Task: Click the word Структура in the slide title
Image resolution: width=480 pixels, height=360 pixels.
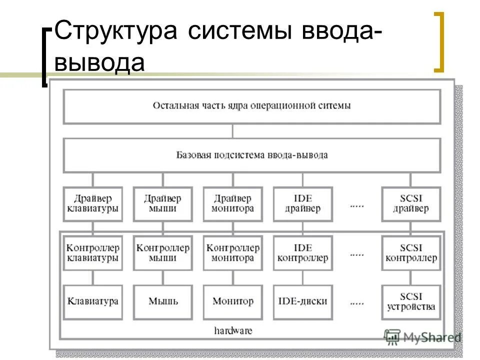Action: click(x=116, y=31)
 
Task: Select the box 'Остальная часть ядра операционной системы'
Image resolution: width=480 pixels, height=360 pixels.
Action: click(x=251, y=106)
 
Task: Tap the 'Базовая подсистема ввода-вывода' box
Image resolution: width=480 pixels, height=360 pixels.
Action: click(x=251, y=155)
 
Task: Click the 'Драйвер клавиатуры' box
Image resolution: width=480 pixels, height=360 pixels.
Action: click(x=92, y=203)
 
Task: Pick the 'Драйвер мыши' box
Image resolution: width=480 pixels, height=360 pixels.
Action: click(x=162, y=203)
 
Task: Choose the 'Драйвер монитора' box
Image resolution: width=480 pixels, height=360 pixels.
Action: click(x=232, y=203)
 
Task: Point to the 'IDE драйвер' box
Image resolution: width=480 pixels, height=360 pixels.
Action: click(x=302, y=203)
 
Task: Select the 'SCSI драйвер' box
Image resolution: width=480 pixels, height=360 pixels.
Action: click(x=411, y=203)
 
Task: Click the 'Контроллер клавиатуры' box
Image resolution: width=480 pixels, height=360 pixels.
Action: click(x=92, y=253)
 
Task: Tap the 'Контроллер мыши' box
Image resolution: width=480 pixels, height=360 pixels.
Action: click(x=162, y=253)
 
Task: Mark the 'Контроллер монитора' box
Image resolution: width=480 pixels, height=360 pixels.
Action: click(x=232, y=253)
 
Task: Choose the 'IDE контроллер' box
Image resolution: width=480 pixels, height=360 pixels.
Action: click(x=302, y=253)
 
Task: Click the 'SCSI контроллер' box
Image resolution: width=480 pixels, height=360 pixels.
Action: click(x=411, y=253)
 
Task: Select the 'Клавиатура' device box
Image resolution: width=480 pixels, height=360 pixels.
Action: click(x=92, y=301)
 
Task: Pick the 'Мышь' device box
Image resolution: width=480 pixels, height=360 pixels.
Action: click(x=162, y=301)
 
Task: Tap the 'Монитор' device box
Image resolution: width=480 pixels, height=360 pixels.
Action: click(x=232, y=301)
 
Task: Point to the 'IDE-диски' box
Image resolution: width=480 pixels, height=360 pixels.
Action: click(x=302, y=301)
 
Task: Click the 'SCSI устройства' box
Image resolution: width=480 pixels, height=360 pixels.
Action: click(x=411, y=301)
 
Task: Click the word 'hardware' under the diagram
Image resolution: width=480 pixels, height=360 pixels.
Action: click(x=233, y=330)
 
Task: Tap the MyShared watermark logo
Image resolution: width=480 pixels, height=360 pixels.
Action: click(x=422, y=337)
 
